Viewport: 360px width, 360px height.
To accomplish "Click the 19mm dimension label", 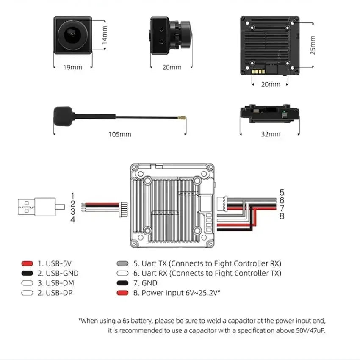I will point(72,67).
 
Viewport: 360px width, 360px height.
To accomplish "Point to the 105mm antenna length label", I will point(120,134).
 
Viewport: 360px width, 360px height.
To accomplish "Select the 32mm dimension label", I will point(271,134).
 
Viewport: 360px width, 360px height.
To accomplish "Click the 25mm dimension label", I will point(313,45).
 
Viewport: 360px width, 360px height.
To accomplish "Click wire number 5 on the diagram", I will point(282,193).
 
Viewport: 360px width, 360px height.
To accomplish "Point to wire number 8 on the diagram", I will point(282,216).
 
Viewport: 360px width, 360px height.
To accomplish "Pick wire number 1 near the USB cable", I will point(73,196).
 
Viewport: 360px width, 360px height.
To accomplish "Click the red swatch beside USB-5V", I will point(27,263).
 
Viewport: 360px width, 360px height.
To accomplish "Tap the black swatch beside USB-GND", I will point(27,273).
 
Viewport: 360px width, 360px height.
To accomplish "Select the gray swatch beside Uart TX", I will point(122,263).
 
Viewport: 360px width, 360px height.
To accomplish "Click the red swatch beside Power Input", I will point(122,293).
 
